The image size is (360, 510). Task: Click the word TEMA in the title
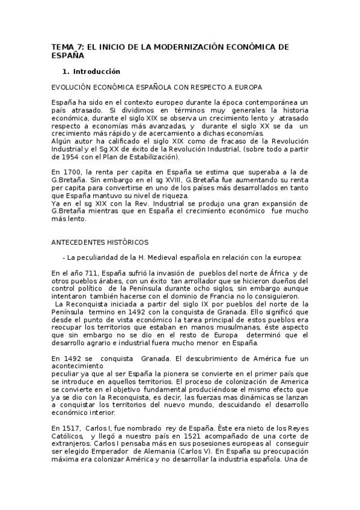[x=61, y=46]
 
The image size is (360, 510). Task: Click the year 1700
[x=74, y=172]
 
